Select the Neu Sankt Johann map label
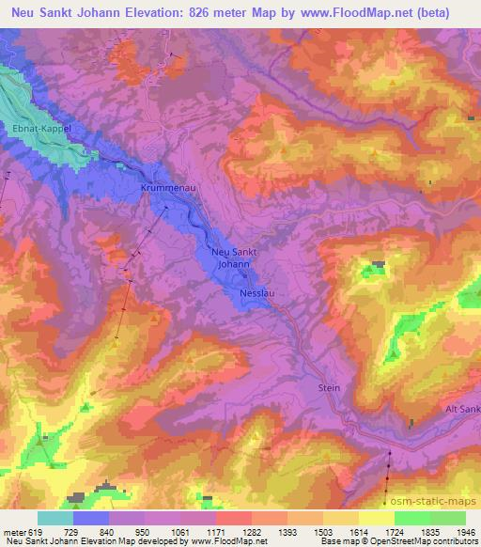(x=235, y=258)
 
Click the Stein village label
(x=329, y=387)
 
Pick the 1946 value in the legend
(x=466, y=532)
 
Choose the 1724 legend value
(x=395, y=532)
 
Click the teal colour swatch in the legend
(x=55, y=518)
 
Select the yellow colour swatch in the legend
(x=376, y=518)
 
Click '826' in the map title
(x=236, y=13)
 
